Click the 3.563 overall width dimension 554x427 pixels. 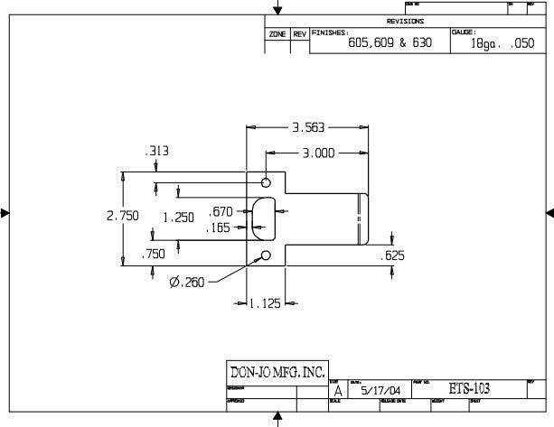[x=307, y=127]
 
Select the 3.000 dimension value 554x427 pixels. [x=320, y=153]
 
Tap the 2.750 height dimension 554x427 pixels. [x=122, y=217]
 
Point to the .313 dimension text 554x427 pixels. [x=157, y=152]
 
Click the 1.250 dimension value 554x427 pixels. [x=178, y=218]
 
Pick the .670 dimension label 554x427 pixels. [x=220, y=211]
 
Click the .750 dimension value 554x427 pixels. [x=153, y=255]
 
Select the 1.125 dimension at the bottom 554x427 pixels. [x=265, y=303]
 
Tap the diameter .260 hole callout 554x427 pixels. [x=187, y=282]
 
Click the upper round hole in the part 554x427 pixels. [x=266, y=181]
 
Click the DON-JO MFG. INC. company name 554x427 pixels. [x=276, y=372]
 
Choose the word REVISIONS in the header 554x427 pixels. [x=405, y=21]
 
